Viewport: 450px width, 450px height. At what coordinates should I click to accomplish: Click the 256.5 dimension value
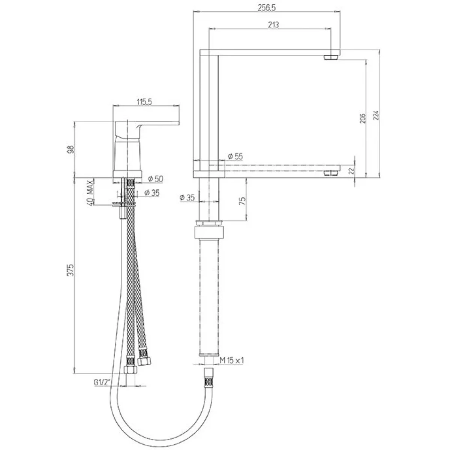pos(267,7)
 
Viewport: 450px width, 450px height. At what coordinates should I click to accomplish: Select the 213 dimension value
pos(273,25)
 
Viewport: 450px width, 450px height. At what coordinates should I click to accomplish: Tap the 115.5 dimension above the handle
pos(144,102)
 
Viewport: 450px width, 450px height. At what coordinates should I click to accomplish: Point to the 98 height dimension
pos(71,150)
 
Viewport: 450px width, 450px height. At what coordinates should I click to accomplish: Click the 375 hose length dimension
pos(70,270)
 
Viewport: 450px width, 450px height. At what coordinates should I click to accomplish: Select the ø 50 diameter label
pos(156,179)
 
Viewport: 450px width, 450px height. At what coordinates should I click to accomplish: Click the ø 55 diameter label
pos(235,156)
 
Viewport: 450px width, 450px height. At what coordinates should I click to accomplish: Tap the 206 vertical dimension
pos(362,118)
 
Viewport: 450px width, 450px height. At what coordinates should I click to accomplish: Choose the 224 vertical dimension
pos(376,115)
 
